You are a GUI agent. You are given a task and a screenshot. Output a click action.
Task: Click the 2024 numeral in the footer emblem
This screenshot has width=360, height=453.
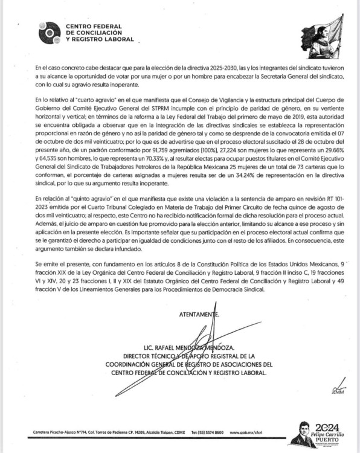326,423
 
